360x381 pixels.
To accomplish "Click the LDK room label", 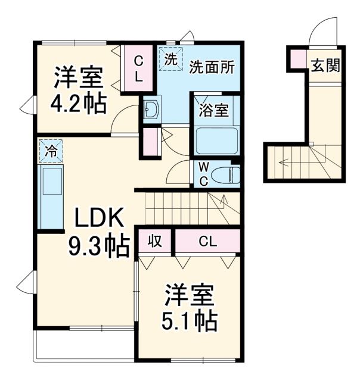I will click(x=99, y=219).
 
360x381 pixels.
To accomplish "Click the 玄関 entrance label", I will click(x=325, y=65).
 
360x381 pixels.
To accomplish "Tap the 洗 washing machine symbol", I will click(x=170, y=59).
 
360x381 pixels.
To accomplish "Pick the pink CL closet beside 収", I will click(x=207, y=241).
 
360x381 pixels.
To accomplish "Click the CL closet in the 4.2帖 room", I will click(x=138, y=68).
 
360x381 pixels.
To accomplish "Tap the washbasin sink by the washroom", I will click(x=150, y=110).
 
